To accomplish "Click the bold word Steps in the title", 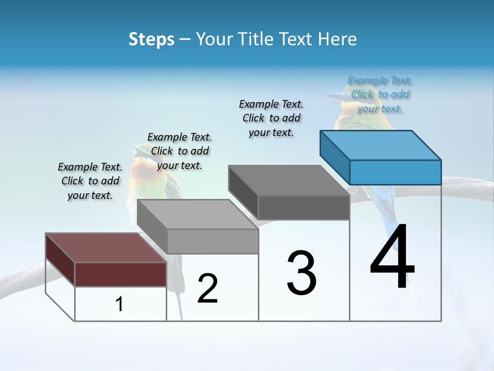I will pos(151,39).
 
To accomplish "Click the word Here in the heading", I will pos(337,39).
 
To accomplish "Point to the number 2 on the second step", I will pos(207,289).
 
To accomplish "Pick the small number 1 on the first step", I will pos(119,305).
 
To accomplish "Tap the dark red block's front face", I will pos(120,274).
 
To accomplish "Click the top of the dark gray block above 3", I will pos(289,180).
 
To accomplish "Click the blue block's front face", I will pos(395,172).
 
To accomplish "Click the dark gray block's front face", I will pos(304,208).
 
